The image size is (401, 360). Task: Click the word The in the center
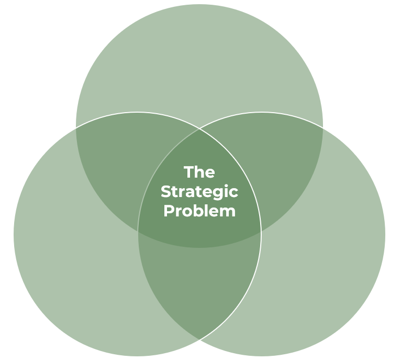[x=199, y=172]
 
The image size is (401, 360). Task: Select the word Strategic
[x=199, y=192]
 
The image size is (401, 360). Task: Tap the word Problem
[x=199, y=211]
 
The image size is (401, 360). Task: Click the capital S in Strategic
[x=165, y=192]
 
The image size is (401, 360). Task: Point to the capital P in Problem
[x=168, y=211]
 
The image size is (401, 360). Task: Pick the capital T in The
[x=187, y=172]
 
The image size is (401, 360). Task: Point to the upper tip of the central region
[x=199, y=129]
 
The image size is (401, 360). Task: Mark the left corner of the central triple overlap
[x=138, y=231]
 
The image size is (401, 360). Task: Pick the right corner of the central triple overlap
[x=261, y=231]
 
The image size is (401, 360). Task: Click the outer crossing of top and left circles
[x=76, y=127]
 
